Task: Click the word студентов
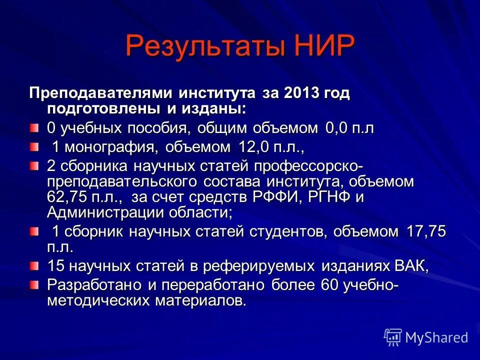288,232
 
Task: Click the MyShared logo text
436,337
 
